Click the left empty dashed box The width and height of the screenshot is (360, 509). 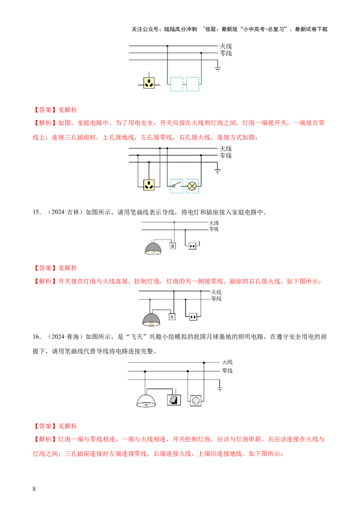[x=177, y=85]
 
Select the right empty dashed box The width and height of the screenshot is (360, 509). [x=193, y=85]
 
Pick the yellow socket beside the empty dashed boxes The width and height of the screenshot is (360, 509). [x=149, y=83]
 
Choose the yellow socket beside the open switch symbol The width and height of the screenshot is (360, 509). [x=149, y=184]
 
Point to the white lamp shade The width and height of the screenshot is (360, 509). [x=147, y=402]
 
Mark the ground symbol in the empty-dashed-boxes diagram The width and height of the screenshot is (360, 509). [x=218, y=68]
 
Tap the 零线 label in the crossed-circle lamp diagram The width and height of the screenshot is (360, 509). [x=225, y=156]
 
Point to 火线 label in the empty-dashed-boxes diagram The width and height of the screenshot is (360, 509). [x=225, y=46]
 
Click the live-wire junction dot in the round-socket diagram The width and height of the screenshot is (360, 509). [x=204, y=362]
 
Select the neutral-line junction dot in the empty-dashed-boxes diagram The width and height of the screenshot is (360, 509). [x=201, y=53]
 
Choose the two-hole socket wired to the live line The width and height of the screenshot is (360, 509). [x=193, y=317]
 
